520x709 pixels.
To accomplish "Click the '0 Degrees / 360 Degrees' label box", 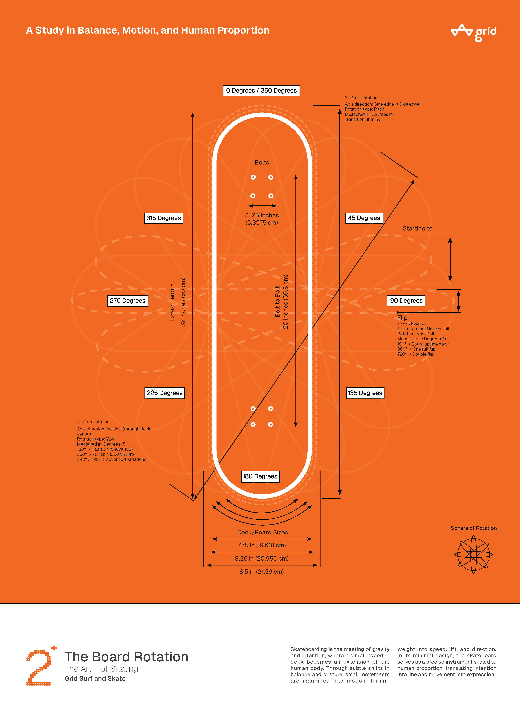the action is (x=261, y=91).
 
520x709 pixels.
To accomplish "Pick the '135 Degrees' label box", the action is (x=365, y=393).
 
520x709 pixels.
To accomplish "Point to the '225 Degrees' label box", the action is (x=164, y=393).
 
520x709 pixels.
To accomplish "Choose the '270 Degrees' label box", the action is (x=127, y=300).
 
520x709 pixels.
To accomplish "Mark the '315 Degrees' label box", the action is (x=164, y=218).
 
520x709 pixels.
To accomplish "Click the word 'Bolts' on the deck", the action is (x=262, y=162).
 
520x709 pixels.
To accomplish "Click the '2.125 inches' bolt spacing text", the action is (x=262, y=215).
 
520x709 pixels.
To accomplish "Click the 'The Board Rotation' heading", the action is (x=126, y=657).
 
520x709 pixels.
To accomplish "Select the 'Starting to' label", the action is (x=418, y=228).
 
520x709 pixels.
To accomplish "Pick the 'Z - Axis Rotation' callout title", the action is (x=93, y=422).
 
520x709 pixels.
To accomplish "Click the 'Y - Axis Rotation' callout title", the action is (x=361, y=98).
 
